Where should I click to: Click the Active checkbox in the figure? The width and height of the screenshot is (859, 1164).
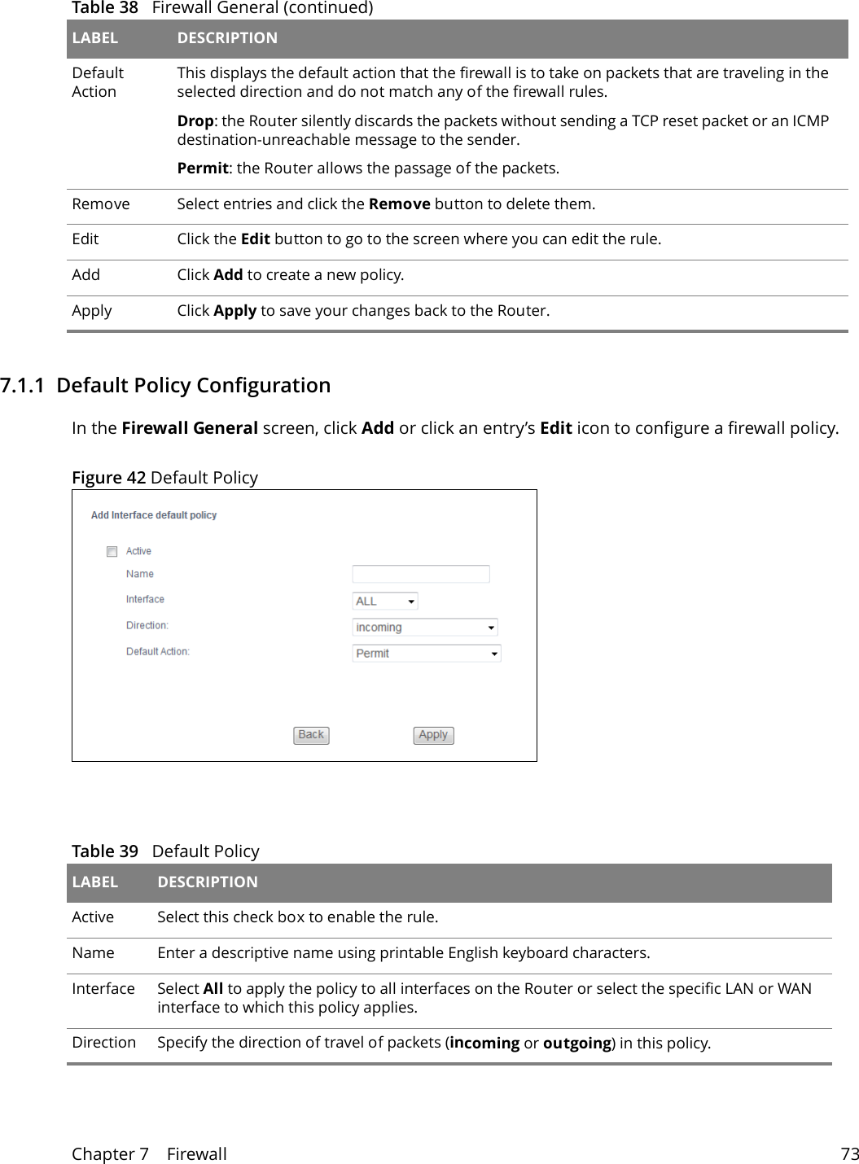coord(112,552)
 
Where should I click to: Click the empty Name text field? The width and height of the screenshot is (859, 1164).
coord(420,575)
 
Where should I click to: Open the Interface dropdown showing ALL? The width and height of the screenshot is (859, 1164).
coord(385,602)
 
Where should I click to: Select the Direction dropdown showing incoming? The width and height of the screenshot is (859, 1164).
coord(424,628)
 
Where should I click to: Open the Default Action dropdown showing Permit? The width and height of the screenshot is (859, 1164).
coord(426,654)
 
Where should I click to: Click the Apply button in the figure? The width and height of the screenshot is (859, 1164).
coord(433,735)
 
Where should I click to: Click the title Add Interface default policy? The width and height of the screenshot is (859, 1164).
coord(154,515)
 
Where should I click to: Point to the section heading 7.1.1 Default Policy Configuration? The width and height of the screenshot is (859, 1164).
coord(165,385)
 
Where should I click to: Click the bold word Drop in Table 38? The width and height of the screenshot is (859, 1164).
coord(195,121)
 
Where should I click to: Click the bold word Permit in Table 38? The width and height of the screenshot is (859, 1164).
coord(202,168)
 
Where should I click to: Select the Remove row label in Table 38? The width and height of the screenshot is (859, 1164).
coord(101,204)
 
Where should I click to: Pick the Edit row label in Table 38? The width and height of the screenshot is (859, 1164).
coord(85,239)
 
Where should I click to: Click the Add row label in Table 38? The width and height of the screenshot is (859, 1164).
coord(86,275)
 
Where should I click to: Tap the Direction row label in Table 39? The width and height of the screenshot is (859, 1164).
coord(104,1043)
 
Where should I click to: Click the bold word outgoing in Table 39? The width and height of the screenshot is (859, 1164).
coord(576,1044)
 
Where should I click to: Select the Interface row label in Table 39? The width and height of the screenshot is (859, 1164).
coord(103,989)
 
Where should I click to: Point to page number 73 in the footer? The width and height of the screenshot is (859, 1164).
coord(849,1154)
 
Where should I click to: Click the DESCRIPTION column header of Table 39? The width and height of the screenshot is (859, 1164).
coord(208,882)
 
